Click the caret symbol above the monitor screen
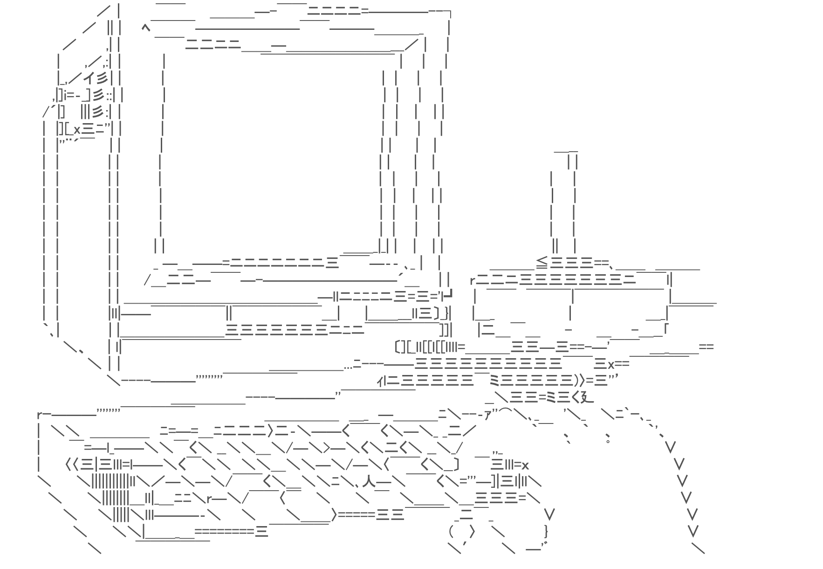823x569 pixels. [x=146, y=28]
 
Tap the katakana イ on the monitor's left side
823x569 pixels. [x=89, y=77]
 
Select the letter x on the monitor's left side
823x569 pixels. [x=77, y=130]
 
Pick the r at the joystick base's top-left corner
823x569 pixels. [x=473, y=281]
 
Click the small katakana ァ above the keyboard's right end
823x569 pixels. [x=488, y=415]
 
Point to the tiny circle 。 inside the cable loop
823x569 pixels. [x=608, y=440]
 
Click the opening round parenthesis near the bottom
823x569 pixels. [x=451, y=531]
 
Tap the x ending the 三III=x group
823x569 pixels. [x=525, y=465]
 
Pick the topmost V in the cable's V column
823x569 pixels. [x=670, y=448]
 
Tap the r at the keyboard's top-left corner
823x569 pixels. [x=40, y=415]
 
